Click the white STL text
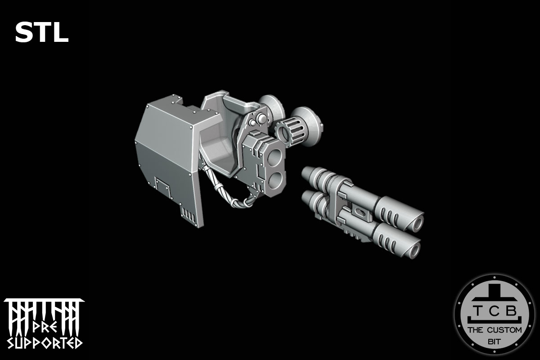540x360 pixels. (41, 33)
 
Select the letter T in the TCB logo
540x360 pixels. (476, 310)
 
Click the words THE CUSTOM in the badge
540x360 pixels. (495, 330)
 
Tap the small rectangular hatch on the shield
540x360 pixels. (161, 184)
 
